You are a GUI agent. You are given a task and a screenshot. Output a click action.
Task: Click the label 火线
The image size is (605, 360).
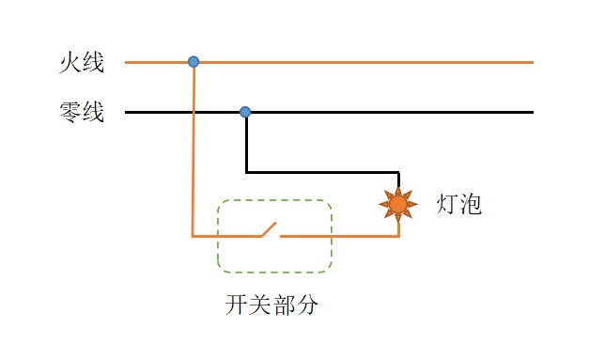click(x=80, y=64)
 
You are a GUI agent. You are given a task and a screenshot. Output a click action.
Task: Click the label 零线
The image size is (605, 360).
click(x=80, y=114)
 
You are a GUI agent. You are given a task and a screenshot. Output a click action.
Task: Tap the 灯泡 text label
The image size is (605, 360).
click(x=459, y=204)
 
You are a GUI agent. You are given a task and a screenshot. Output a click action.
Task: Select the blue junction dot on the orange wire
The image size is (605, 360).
click(x=194, y=62)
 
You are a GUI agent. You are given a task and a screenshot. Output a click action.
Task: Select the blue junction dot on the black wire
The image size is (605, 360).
click(x=245, y=112)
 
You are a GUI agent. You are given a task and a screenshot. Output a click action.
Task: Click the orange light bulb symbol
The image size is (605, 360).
click(x=398, y=204)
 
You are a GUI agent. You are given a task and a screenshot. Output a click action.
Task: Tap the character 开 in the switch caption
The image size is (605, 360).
click(x=236, y=305)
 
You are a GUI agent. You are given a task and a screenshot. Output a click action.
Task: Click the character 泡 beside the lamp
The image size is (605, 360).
click(x=471, y=204)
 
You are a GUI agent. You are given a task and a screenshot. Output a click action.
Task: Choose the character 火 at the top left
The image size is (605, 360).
click(x=69, y=64)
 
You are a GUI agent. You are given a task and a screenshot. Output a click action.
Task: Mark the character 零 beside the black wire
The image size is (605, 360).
click(x=69, y=114)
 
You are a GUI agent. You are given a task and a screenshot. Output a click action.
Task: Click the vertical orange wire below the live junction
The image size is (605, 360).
click(x=193, y=150)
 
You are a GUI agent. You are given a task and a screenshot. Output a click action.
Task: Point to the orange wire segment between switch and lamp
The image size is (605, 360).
click(x=338, y=236)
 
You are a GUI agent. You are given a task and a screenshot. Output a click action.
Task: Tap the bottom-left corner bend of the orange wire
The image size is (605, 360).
click(x=193, y=236)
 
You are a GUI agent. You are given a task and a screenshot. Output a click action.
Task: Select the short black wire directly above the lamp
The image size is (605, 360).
click(x=398, y=181)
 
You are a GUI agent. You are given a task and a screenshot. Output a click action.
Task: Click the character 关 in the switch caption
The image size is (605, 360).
click(x=259, y=305)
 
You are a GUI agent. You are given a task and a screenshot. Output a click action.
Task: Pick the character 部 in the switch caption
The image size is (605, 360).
click(x=283, y=305)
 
